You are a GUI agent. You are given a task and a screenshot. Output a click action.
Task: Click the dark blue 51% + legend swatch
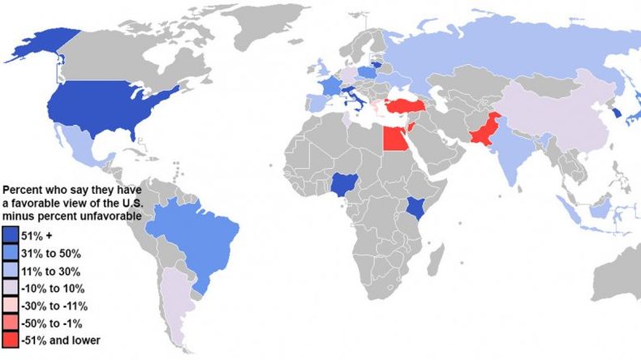(11, 234)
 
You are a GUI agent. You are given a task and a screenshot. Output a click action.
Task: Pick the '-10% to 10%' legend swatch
(11, 288)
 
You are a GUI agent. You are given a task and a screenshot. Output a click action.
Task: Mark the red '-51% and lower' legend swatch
(11, 341)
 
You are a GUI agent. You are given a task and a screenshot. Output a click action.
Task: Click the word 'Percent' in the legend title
(22, 188)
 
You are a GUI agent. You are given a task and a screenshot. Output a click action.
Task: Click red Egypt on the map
(395, 139)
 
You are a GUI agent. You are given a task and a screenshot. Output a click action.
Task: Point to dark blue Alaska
(50, 45)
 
